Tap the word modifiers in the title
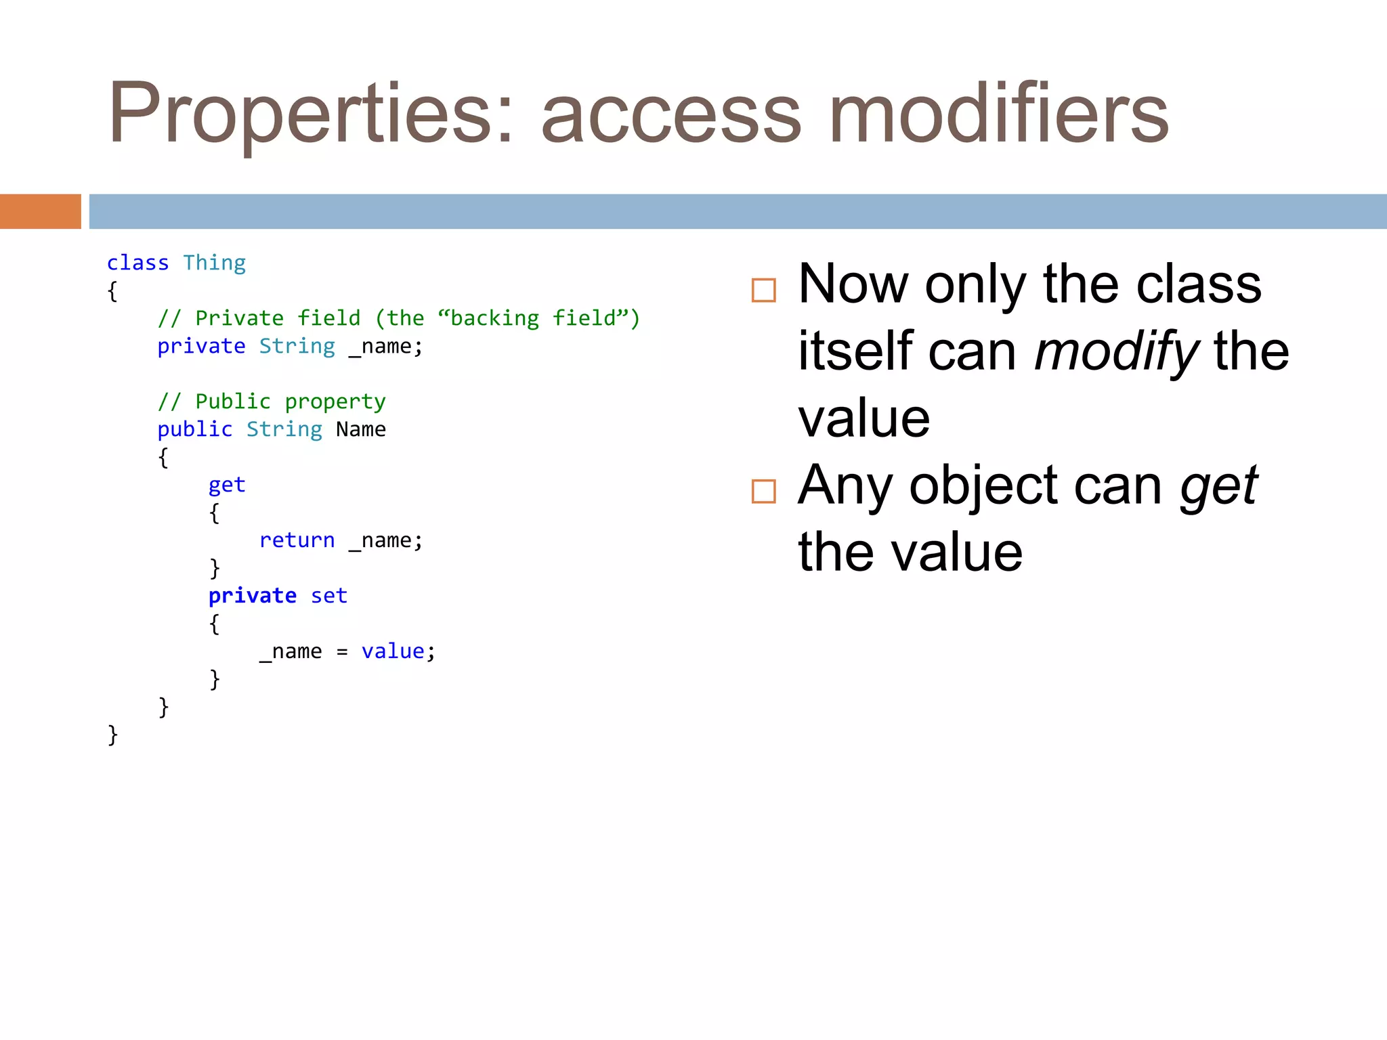998,114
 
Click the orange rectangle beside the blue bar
40,211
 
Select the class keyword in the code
137,263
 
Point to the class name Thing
214,263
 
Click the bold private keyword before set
252,596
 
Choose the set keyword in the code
328,596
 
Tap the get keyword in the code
227,485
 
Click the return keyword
297,540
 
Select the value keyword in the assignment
393,651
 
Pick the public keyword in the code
194,429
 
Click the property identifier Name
361,429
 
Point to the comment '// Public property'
271,402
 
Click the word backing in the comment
494,318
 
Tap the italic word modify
1116,352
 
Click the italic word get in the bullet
1218,486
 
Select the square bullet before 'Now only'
763,290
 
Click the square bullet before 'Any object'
763,492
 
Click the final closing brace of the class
112,735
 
